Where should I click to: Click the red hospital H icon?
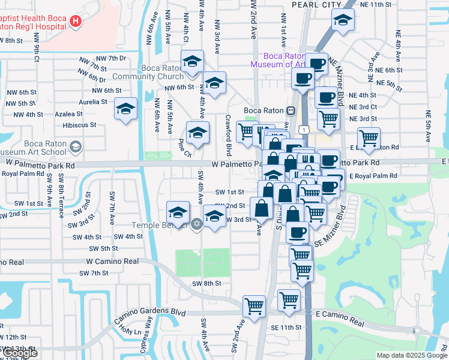pos(76,22)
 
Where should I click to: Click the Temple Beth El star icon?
pos(196,224)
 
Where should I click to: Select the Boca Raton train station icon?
pos(290,110)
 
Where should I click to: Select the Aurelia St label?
pos(92,102)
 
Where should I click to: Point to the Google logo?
pos(20,353)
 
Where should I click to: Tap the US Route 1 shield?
pos(306,130)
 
